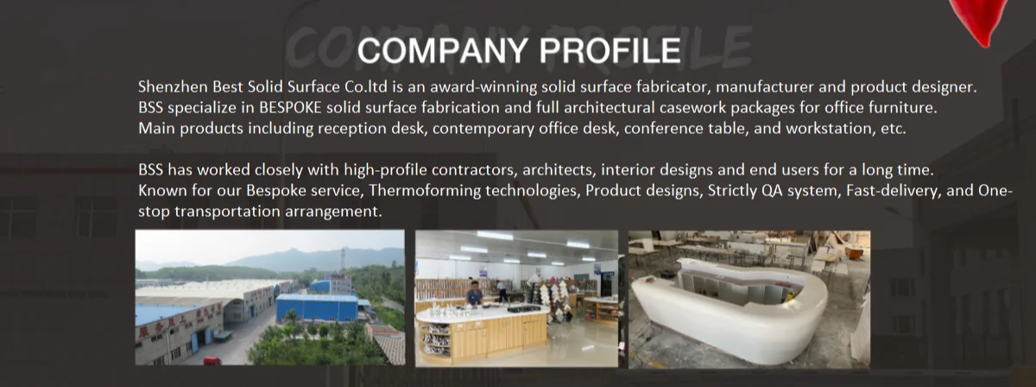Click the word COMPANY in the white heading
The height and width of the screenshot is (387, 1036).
pyautogui.click(x=445, y=51)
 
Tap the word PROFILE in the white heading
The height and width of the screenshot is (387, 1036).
pyautogui.click(x=610, y=51)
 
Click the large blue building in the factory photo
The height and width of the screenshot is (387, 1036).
pyautogui.click(x=317, y=308)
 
